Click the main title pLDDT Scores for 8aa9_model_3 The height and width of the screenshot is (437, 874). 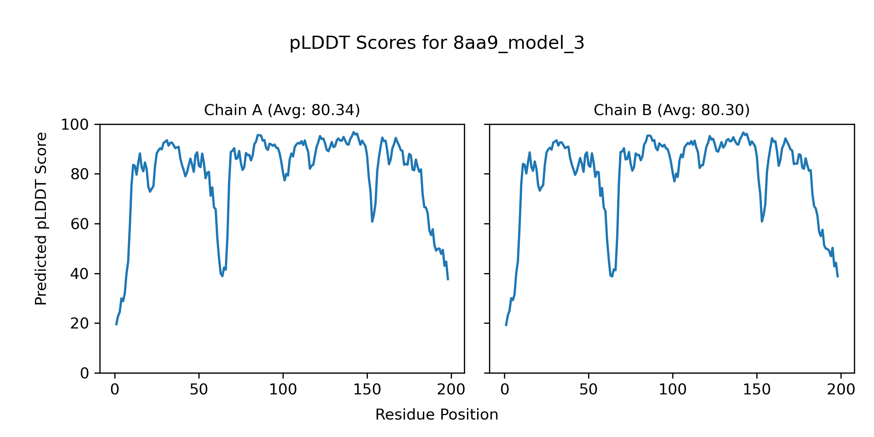coord(437,43)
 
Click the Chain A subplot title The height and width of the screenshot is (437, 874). coord(282,110)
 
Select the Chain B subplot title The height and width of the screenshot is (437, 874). coord(672,110)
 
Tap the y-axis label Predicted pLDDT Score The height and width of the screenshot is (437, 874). coord(41,219)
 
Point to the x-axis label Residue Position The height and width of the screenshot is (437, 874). coord(437,414)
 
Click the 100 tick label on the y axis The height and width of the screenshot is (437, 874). coord(75,125)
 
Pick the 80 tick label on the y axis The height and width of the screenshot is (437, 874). coord(80,174)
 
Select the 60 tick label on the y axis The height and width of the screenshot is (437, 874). coord(80,224)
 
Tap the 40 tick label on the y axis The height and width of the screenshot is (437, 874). coord(80,274)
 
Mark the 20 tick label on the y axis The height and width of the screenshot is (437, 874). coord(80,323)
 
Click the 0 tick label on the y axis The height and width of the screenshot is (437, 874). coord(84,373)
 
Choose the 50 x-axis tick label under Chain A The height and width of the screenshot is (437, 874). coord(199,390)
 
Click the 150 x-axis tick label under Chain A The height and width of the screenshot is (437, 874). coord(367,390)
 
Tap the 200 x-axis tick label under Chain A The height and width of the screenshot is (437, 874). coord(451,390)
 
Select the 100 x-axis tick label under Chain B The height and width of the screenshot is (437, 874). coord(673,390)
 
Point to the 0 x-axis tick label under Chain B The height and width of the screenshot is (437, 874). coord(504,390)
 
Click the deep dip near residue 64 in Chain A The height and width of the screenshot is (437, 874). coord(222,276)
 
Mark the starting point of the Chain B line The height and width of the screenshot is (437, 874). coord(506,326)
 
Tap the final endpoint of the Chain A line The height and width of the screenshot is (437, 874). coord(448,280)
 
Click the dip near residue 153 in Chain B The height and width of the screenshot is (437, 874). coord(762,221)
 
